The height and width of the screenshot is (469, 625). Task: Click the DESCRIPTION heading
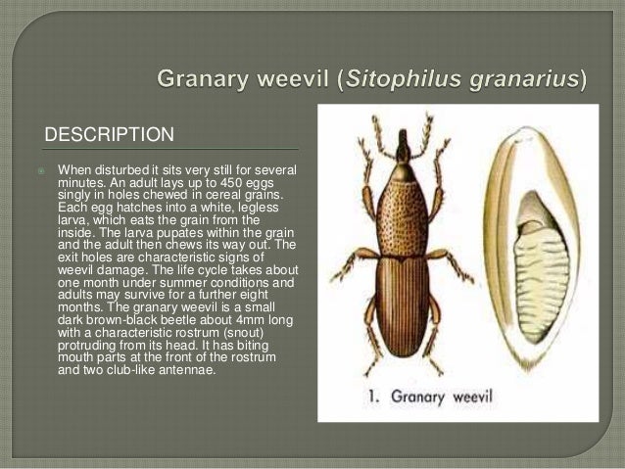point(109,133)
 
